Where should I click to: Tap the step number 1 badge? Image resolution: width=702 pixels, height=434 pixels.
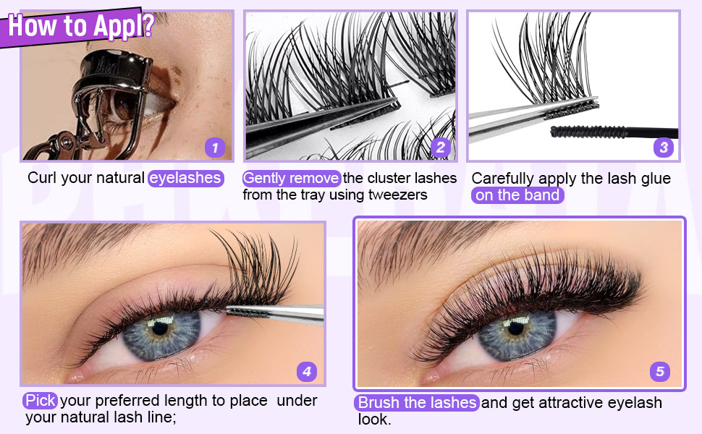pos(215,148)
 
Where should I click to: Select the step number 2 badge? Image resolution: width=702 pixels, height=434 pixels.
pos(439,148)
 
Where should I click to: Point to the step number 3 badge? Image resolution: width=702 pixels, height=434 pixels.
pos(664,148)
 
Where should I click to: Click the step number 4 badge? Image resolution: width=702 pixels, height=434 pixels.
pos(307,372)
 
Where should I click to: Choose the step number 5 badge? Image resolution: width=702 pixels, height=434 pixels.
pos(659,372)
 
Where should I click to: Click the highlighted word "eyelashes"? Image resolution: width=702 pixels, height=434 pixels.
pos(186,178)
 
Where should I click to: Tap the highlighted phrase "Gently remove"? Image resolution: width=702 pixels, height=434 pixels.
pos(291,178)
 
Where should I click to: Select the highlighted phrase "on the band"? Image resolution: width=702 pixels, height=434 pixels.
pos(517,195)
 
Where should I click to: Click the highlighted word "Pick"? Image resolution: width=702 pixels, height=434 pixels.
pos(40,400)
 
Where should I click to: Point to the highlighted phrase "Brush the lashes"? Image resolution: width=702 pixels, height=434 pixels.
pos(417,402)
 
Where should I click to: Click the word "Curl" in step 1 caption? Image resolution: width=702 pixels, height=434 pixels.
pos(42,178)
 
